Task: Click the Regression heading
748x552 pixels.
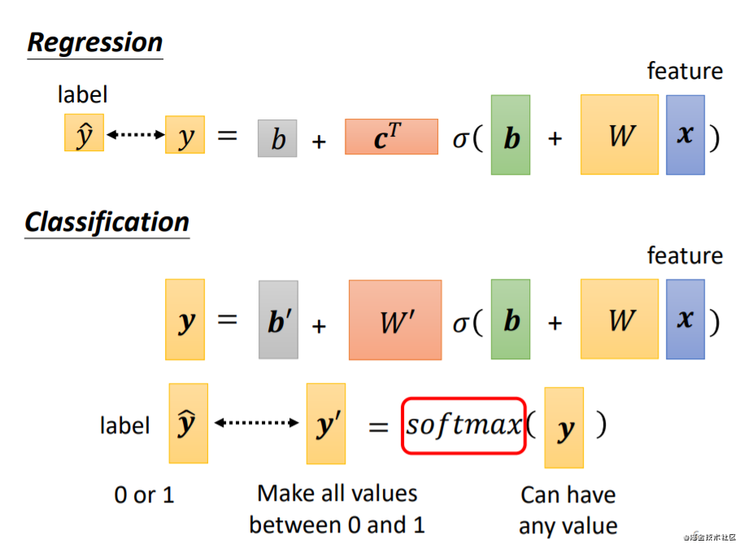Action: point(95,42)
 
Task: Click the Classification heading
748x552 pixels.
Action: point(107,222)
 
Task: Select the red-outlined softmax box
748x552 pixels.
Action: point(463,426)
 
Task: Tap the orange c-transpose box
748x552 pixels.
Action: point(391,137)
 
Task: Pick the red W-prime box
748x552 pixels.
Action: point(395,319)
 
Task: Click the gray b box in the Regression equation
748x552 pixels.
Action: point(277,138)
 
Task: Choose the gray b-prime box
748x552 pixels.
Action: point(278,319)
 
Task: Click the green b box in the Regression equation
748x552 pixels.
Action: point(511,135)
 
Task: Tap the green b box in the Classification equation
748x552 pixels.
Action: point(511,319)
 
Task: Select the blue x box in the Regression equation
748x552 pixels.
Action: point(685,135)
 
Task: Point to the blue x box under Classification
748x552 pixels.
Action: point(685,319)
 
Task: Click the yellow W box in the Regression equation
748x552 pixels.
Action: point(620,135)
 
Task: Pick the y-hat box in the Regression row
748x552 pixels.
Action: point(84,134)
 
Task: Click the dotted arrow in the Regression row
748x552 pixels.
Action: point(135,135)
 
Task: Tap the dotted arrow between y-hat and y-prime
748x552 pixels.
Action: point(256,423)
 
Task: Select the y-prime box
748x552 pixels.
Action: point(326,423)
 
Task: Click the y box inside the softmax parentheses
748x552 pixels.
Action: point(564,428)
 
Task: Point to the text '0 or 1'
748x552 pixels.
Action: point(144,494)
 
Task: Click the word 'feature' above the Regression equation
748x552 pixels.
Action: point(685,72)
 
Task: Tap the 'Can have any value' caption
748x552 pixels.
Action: point(568,510)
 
